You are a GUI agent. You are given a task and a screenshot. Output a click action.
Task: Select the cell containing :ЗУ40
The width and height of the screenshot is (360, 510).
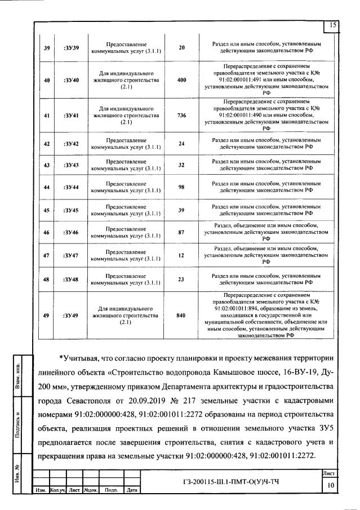click(72, 80)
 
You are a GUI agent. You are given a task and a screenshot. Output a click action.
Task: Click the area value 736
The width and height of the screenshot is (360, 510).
click(181, 116)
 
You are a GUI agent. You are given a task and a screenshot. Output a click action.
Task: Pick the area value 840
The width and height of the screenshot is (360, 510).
click(181, 316)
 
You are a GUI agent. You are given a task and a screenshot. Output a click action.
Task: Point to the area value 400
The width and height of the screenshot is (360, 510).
click(181, 80)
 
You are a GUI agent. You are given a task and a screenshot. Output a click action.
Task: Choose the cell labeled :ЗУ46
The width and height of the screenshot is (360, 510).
click(72, 232)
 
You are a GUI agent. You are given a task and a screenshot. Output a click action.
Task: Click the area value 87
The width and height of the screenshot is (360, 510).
click(181, 232)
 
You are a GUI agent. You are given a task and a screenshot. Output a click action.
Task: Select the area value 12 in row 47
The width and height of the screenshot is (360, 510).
click(181, 255)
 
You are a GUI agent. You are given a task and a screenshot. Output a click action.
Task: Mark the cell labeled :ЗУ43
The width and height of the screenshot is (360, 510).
click(72, 165)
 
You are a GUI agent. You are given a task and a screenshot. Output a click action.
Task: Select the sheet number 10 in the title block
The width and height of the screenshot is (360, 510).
click(332, 485)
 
